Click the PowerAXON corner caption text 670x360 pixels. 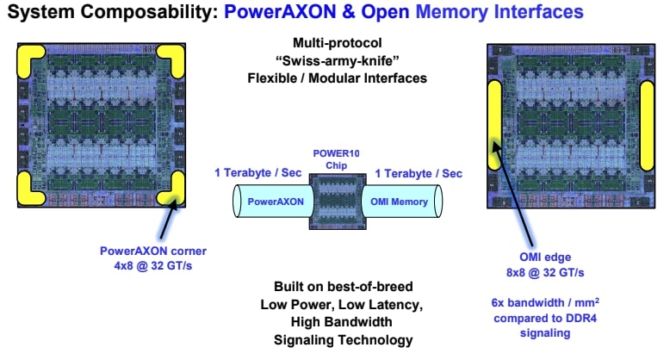pyautogui.click(x=154, y=251)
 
